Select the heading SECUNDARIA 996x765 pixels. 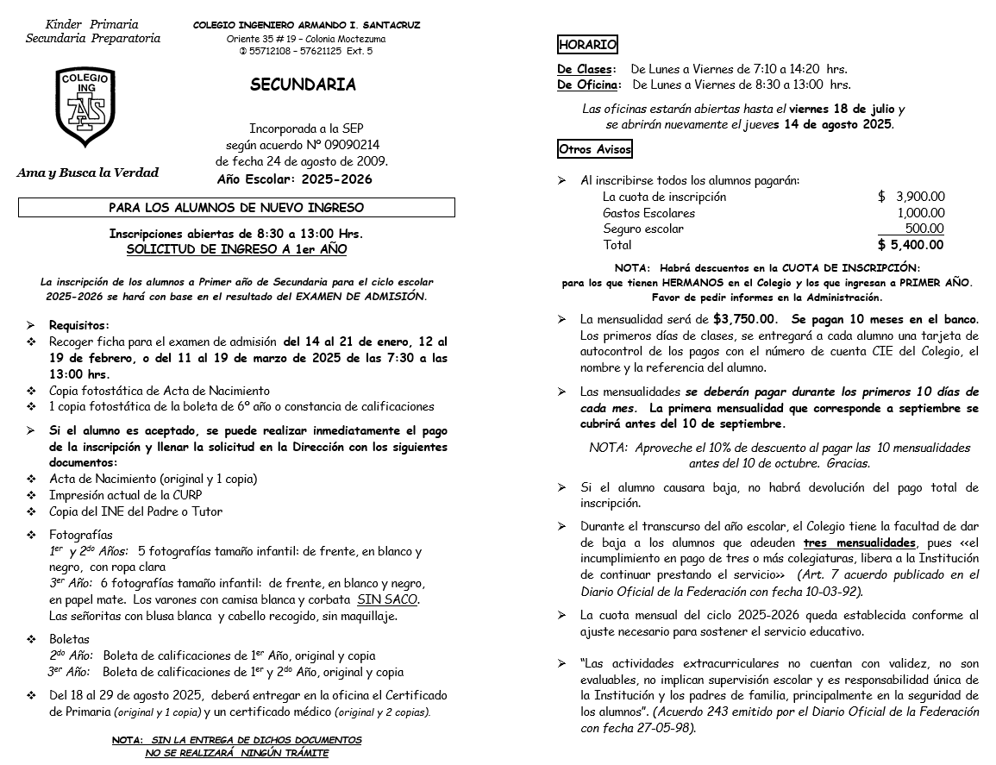coord(303,85)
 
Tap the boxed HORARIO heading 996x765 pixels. coord(587,45)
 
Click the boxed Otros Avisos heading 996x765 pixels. coord(595,149)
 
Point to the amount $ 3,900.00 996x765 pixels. coord(911,197)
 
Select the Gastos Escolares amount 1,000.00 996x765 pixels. coord(920,213)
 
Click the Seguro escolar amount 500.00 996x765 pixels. coord(924,229)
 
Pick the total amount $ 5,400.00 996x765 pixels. coord(911,245)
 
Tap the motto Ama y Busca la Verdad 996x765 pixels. coord(88,172)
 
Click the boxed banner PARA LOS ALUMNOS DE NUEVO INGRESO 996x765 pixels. coord(236,208)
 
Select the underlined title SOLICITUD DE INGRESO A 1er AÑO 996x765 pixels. coord(236,249)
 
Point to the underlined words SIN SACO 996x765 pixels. coord(387,599)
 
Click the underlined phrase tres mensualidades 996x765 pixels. coord(859,543)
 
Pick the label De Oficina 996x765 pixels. coord(587,85)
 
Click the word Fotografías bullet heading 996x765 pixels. coord(80,535)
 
